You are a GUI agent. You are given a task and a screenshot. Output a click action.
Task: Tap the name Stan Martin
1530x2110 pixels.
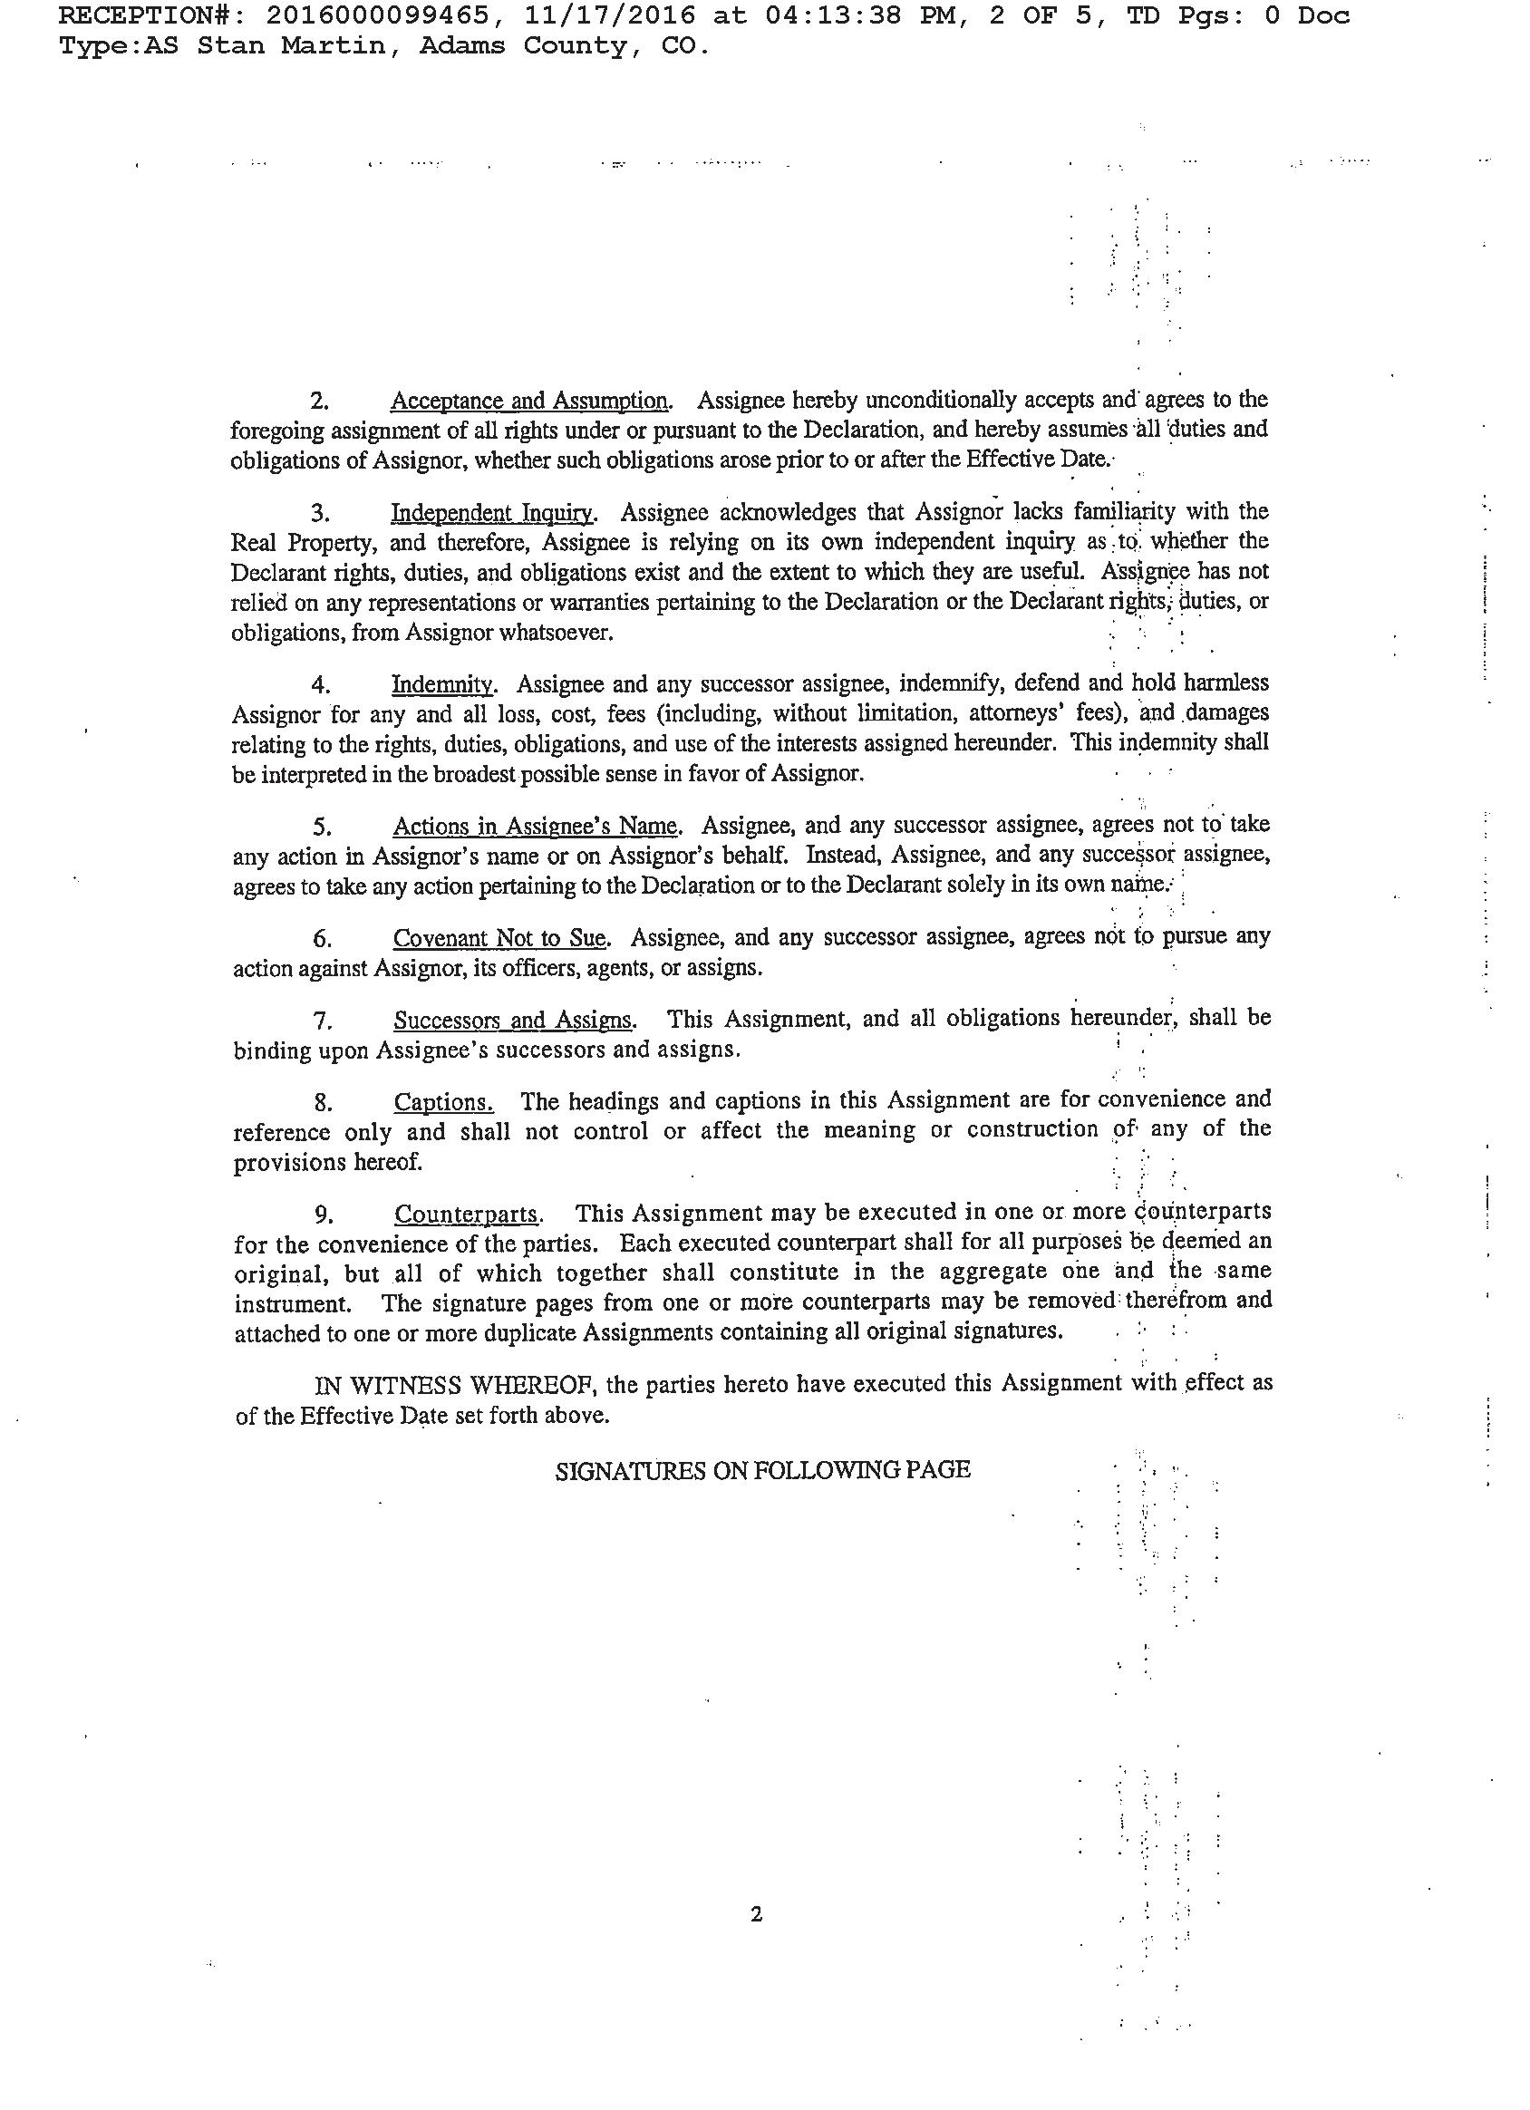point(290,45)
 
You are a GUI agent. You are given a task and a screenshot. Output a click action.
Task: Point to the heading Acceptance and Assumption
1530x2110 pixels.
point(528,401)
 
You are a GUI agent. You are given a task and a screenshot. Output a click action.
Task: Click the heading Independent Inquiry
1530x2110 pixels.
point(491,513)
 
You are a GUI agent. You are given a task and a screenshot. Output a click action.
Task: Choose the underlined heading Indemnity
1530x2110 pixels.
point(442,684)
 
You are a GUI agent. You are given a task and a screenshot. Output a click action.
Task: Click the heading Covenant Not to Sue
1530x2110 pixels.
point(499,937)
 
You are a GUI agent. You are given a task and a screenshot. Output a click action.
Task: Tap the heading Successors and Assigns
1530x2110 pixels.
point(513,1020)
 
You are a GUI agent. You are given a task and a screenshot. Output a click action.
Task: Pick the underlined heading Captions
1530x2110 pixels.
point(443,1102)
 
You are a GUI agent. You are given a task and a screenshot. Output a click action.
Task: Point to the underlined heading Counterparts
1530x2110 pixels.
point(466,1215)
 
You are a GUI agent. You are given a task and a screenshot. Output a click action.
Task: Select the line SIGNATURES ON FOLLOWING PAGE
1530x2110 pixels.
point(762,1470)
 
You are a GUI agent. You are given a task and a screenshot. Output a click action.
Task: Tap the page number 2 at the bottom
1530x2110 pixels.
point(755,1914)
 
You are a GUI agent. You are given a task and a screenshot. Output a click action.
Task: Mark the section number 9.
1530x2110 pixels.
point(322,1215)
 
